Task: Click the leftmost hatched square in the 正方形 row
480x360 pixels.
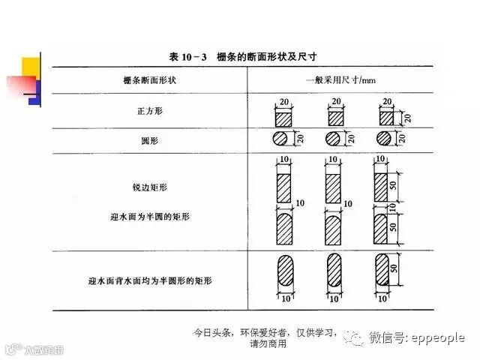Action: pos(284,118)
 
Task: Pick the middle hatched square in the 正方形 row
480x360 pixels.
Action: pos(335,118)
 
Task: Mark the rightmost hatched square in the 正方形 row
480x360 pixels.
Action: pos(385,118)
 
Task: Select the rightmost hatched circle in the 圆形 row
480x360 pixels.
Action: pos(385,139)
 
